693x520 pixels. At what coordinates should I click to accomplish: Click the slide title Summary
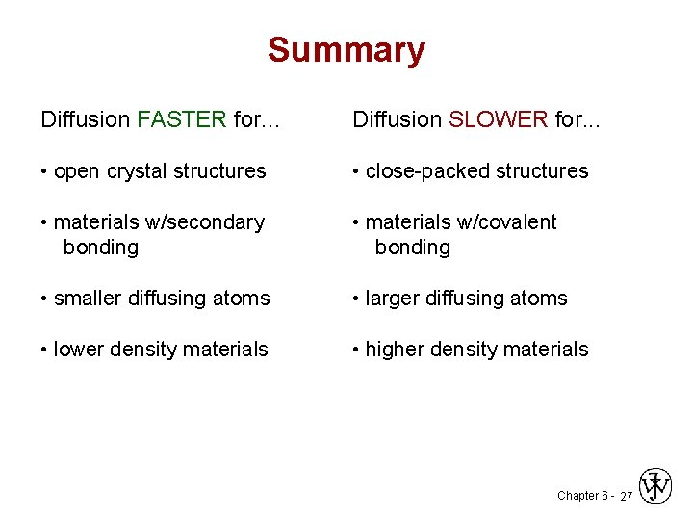click(346, 50)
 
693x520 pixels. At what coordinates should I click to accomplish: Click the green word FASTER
click(182, 119)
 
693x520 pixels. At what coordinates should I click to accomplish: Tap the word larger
click(394, 299)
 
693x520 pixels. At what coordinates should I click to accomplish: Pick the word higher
click(395, 350)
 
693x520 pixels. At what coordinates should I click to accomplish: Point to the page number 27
click(626, 497)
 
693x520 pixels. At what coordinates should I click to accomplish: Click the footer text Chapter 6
click(581, 496)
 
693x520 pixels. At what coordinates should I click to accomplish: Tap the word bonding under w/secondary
click(100, 247)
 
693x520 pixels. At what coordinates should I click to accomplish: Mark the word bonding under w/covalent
click(412, 247)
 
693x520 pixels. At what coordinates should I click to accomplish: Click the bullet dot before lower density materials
click(44, 350)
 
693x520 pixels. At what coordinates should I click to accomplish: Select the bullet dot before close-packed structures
click(356, 171)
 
